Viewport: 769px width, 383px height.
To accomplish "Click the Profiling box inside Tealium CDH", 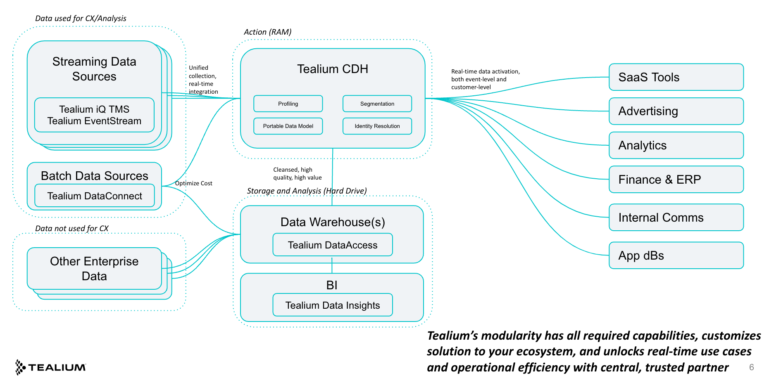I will tap(288, 104).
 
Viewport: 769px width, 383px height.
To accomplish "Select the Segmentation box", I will tap(377, 104).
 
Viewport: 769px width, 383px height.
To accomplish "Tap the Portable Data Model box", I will tap(288, 126).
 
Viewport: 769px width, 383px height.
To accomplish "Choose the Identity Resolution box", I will tap(377, 126).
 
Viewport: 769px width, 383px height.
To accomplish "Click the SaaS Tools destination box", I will tap(676, 77).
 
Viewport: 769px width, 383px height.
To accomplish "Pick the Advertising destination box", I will tap(676, 111).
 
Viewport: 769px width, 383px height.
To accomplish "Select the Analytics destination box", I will tap(676, 145).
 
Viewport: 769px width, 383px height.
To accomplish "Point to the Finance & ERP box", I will tap(676, 180).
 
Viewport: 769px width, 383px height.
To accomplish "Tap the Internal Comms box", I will tap(676, 218).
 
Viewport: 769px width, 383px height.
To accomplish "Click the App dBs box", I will tap(676, 255).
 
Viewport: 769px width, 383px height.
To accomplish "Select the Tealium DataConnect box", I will tap(95, 196).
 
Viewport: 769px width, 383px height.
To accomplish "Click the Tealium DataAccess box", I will tap(333, 245).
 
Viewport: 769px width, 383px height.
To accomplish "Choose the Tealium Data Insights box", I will tap(333, 305).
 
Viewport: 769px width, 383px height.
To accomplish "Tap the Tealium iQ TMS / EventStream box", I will tap(94, 115).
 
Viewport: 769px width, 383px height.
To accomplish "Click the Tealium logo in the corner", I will tap(50, 367).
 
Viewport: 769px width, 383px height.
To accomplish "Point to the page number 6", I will tap(751, 367).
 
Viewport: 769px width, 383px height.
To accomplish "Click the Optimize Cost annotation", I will tap(193, 183).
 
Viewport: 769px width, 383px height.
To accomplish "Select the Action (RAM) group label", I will tap(267, 32).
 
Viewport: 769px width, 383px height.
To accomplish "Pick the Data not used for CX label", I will tap(72, 228).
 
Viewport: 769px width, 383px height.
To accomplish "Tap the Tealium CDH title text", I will tap(333, 69).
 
